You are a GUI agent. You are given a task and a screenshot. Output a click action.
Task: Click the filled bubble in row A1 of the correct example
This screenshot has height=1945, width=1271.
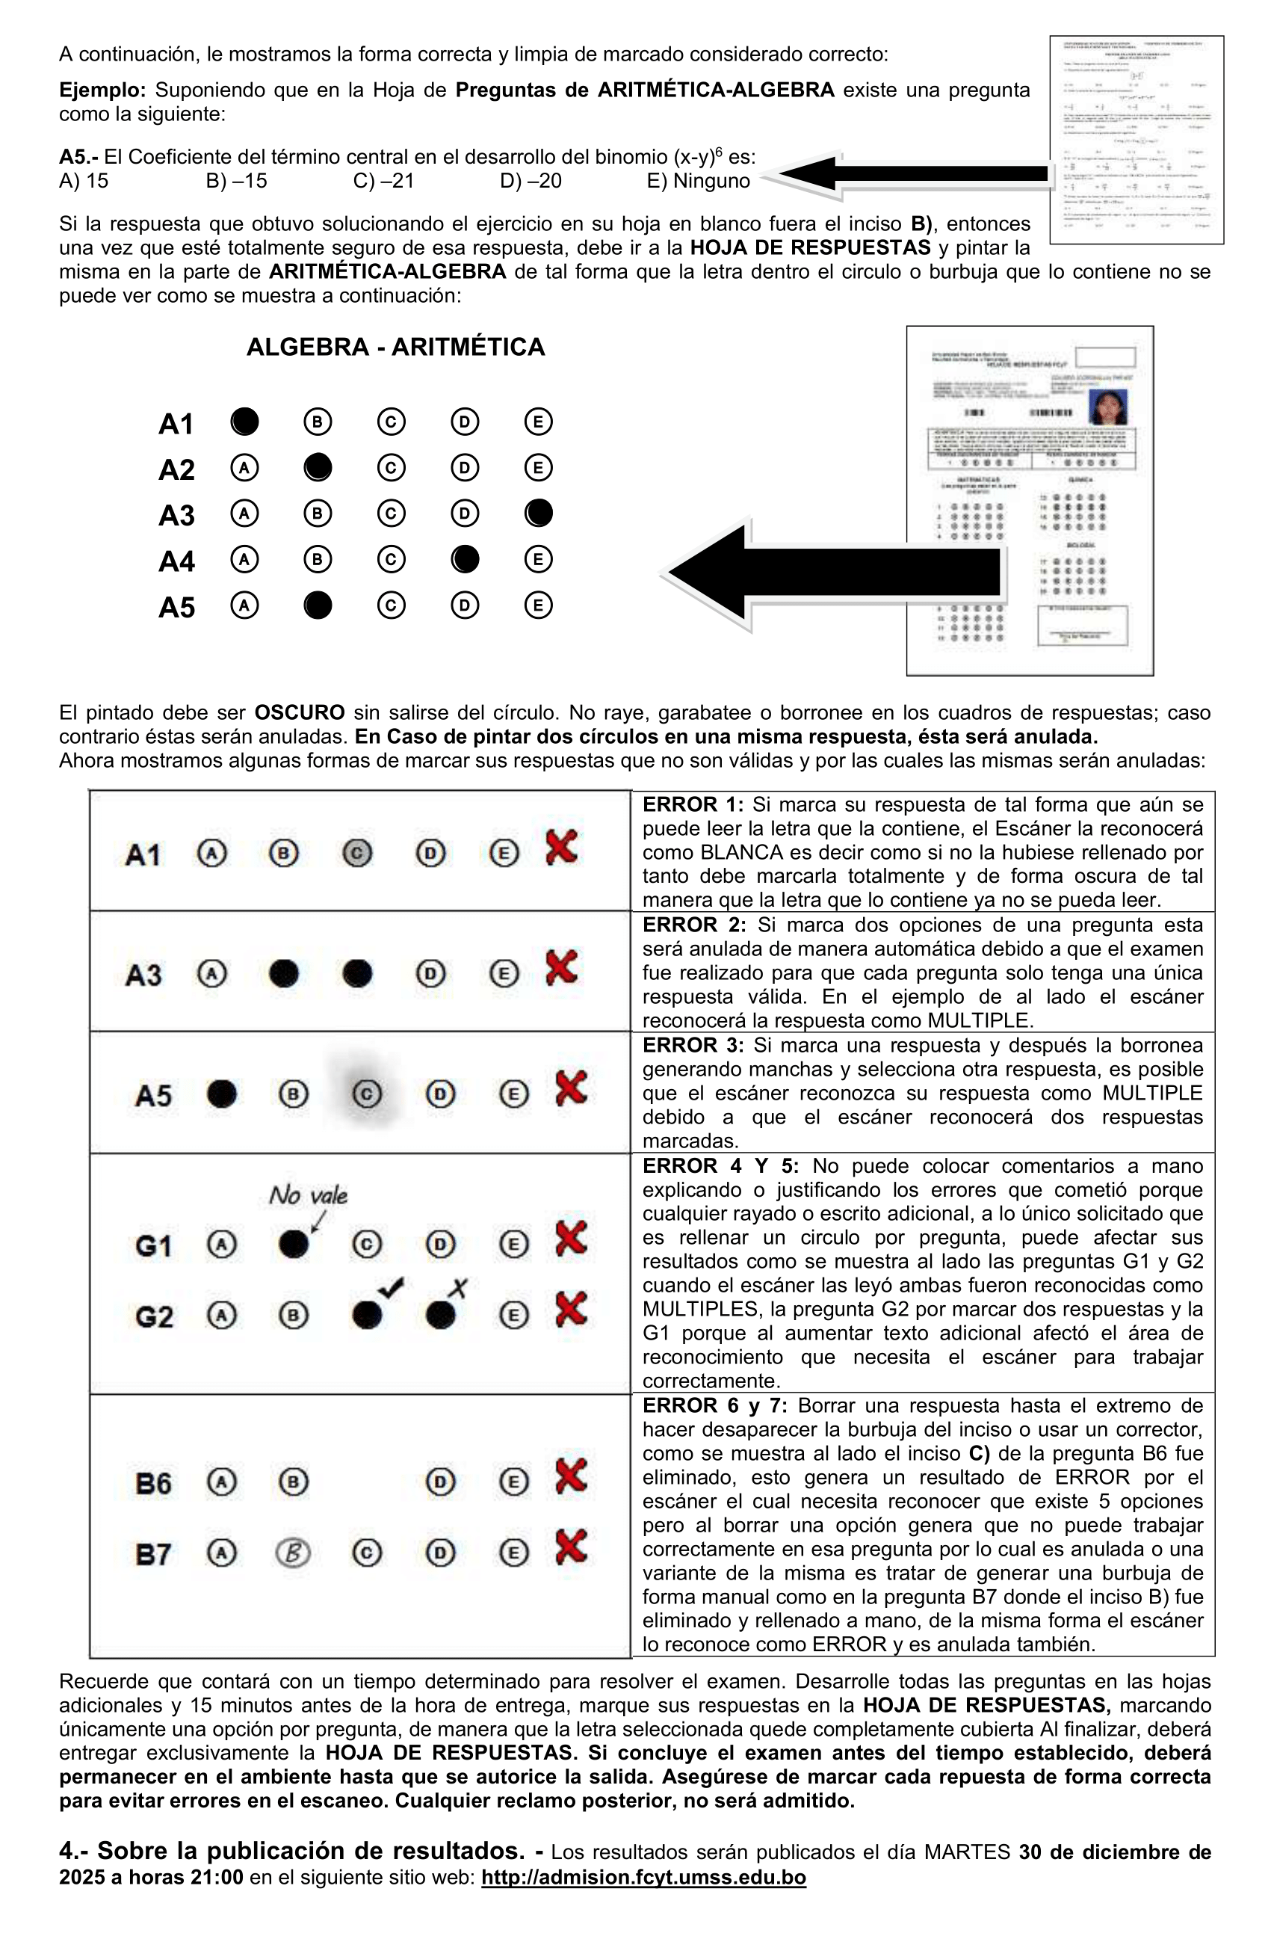tap(244, 422)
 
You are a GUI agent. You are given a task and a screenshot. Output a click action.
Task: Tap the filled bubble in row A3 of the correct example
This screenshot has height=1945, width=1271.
tap(538, 514)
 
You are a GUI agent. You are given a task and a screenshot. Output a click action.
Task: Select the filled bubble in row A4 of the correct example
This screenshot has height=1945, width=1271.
tap(465, 559)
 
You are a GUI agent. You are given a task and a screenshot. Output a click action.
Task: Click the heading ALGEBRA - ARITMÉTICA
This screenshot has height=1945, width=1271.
tap(395, 347)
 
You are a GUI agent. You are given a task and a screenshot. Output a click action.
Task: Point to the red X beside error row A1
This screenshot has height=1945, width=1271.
tap(561, 847)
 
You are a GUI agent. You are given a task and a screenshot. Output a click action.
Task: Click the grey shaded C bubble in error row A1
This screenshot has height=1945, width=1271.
tap(357, 853)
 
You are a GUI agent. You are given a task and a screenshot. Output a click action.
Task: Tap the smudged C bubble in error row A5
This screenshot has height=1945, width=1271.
tap(366, 1094)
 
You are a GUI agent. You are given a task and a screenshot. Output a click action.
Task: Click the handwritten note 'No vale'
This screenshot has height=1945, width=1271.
tap(308, 1195)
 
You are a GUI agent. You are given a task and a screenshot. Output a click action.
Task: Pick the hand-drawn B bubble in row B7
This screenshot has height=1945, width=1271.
tap(293, 1553)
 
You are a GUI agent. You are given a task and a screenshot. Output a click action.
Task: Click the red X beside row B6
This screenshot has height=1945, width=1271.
tap(570, 1476)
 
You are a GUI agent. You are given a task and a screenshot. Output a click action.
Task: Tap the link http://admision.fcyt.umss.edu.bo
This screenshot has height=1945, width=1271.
tap(643, 1877)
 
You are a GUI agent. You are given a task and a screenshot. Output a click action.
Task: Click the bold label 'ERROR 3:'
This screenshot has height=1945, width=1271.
tap(693, 1045)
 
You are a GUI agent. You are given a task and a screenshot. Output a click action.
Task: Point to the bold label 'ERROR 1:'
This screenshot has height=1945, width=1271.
tap(693, 804)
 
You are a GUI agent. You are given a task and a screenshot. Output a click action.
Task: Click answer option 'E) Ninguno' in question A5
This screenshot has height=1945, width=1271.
tap(698, 181)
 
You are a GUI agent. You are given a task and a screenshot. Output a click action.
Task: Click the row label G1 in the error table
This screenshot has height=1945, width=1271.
tap(154, 1246)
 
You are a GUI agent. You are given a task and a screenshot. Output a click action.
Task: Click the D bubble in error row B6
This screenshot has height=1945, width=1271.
tap(440, 1482)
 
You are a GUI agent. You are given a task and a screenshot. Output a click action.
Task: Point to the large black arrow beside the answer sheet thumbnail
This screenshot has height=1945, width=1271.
tap(833, 572)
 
